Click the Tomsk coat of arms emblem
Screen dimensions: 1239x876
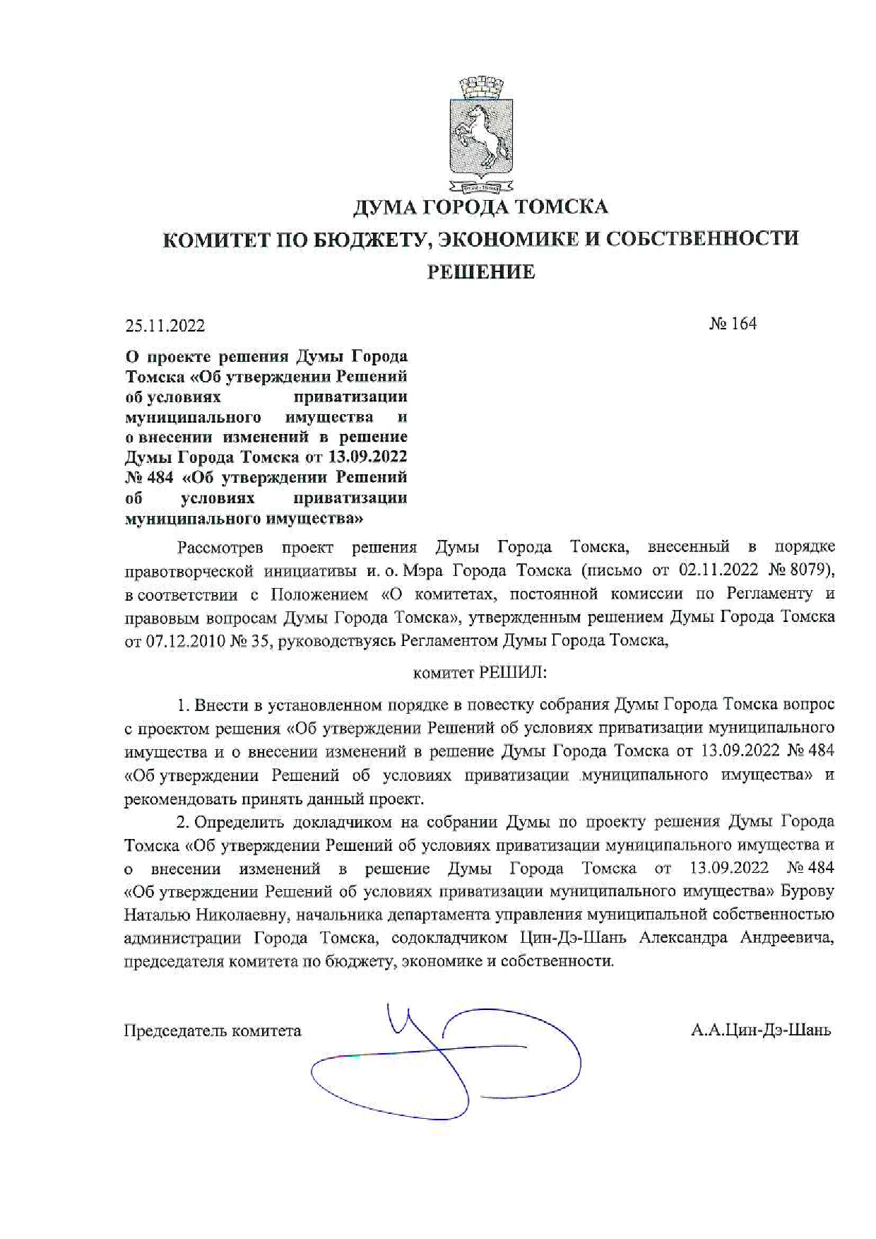(x=481, y=134)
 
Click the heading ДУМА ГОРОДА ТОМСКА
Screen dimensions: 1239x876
(x=480, y=207)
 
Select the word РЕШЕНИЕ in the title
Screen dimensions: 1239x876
(x=480, y=272)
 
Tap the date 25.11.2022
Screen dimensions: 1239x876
(x=165, y=326)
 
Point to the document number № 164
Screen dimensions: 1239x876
(x=733, y=324)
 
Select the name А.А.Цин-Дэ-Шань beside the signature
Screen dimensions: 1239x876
(x=761, y=1030)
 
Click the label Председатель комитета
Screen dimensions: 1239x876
(x=213, y=1031)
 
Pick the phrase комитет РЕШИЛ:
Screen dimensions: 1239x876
(x=480, y=672)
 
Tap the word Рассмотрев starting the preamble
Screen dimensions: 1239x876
(x=220, y=547)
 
